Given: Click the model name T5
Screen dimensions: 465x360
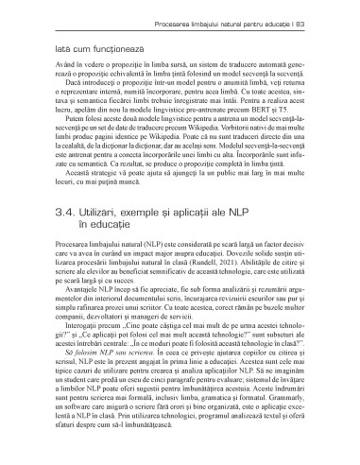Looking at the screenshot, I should coord(313,121).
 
